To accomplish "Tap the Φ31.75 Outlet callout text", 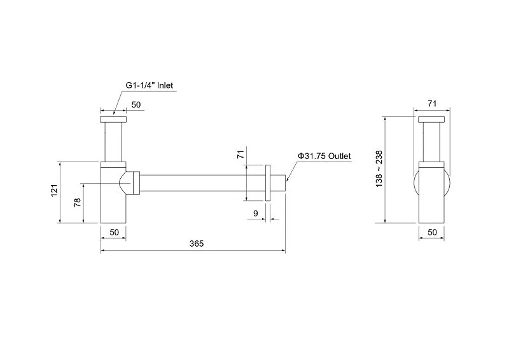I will (324, 156).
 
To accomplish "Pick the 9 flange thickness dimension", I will (255, 214).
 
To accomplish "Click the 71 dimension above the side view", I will (433, 103).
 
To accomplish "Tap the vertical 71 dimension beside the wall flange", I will (241, 155).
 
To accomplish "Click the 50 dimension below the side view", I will (432, 233).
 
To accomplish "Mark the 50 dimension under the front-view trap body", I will (114, 233).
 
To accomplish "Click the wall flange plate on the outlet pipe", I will (270, 182).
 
